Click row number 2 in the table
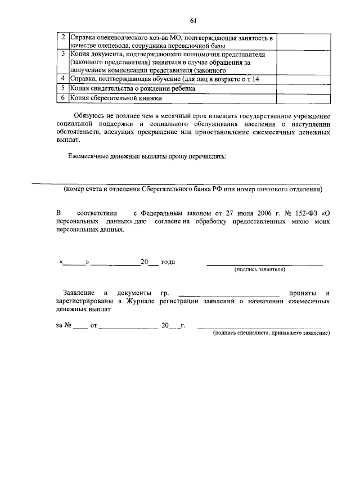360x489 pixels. coord(64,38)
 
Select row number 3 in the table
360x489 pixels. coord(64,55)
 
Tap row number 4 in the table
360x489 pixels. coord(64,79)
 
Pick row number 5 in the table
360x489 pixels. coord(64,89)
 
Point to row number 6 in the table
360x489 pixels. coord(64,98)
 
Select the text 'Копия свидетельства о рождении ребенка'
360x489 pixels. coord(136,89)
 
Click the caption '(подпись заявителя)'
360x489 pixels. coord(259,270)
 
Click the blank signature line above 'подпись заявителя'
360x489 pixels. coord(264,263)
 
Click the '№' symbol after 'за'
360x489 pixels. coord(67,326)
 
